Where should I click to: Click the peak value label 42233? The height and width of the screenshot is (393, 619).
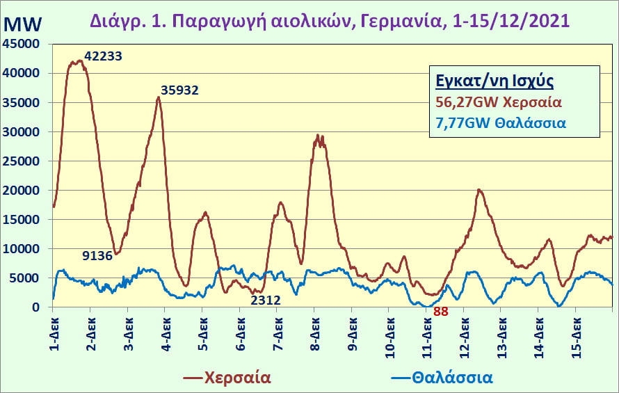coord(103,56)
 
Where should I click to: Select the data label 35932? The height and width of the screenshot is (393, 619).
coord(179,90)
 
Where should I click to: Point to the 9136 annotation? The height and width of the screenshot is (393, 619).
coord(97,256)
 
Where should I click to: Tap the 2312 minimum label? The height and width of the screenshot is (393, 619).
coord(266,300)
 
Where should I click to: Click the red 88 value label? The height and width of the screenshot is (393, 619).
coord(440,312)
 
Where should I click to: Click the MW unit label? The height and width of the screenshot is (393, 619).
coord(22,24)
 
